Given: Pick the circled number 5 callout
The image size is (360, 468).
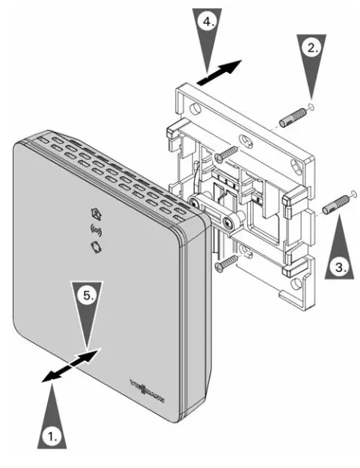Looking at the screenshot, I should (88, 296).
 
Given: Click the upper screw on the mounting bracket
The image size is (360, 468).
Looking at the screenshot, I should (225, 153).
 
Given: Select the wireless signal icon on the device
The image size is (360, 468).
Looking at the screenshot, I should (95, 228).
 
